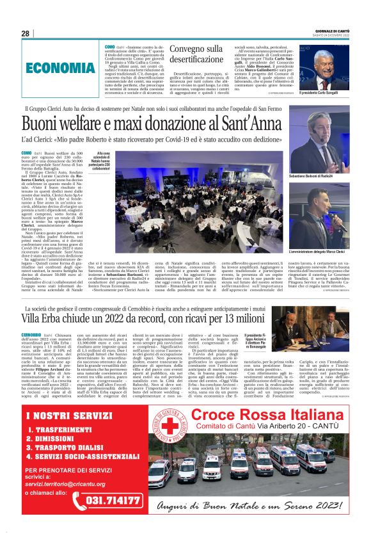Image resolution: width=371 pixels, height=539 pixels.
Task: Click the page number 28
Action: (25, 34)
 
